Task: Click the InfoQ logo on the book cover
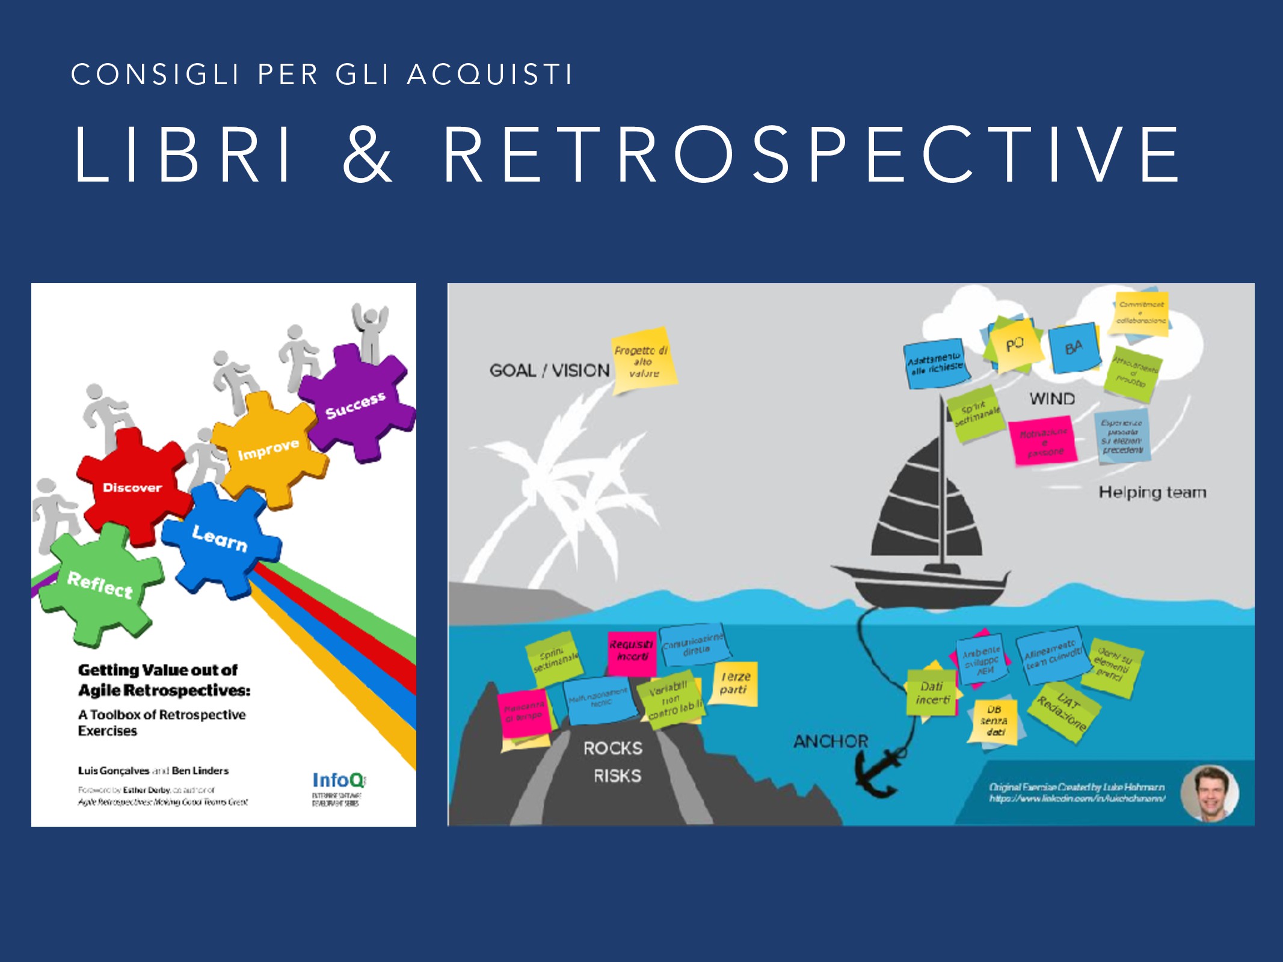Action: pyautogui.click(x=338, y=780)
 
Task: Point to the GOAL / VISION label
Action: pyautogui.click(x=549, y=370)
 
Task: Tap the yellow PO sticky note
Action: pyautogui.click(x=1015, y=345)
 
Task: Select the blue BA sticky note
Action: pyautogui.click(x=1074, y=348)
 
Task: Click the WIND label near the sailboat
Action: pyautogui.click(x=1052, y=399)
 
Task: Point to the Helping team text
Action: pyautogui.click(x=1152, y=492)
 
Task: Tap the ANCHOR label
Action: pyautogui.click(x=831, y=741)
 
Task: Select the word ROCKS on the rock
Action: pyautogui.click(x=613, y=749)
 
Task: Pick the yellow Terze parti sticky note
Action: pyautogui.click(x=735, y=684)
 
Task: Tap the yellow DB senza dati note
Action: pyautogui.click(x=994, y=721)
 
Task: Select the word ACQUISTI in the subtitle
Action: pyautogui.click(x=490, y=75)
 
